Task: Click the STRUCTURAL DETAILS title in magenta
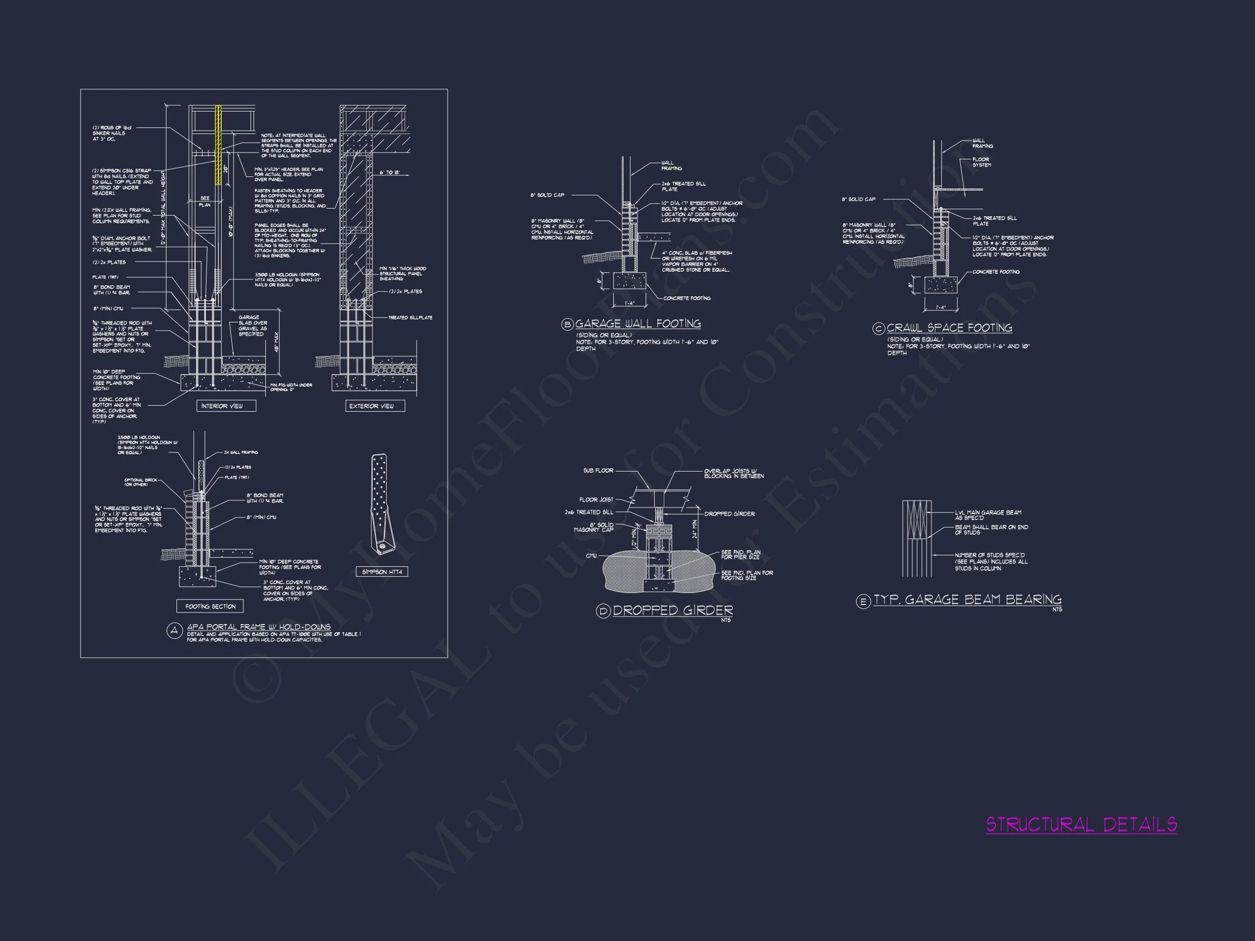[x=1081, y=824]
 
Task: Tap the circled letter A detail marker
[x=174, y=631]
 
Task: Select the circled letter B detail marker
[x=568, y=325]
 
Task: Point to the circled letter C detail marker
[x=878, y=328]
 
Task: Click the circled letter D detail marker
[x=602, y=611]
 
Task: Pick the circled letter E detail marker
[x=863, y=601]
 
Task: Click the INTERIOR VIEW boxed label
[x=227, y=406]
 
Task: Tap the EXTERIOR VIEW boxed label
[x=375, y=406]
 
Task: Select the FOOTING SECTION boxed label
[x=210, y=606]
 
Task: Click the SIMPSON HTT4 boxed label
[x=382, y=572]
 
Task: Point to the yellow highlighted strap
[x=218, y=145]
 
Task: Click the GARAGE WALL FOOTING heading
[x=638, y=324]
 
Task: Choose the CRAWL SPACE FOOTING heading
[x=949, y=328]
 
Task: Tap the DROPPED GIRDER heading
[x=673, y=610]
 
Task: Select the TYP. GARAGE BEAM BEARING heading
[x=967, y=600]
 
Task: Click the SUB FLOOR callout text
[x=598, y=471]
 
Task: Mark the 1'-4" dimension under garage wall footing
[x=630, y=303]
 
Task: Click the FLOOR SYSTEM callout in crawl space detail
[x=981, y=162]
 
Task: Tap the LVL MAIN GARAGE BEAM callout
[x=988, y=515]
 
